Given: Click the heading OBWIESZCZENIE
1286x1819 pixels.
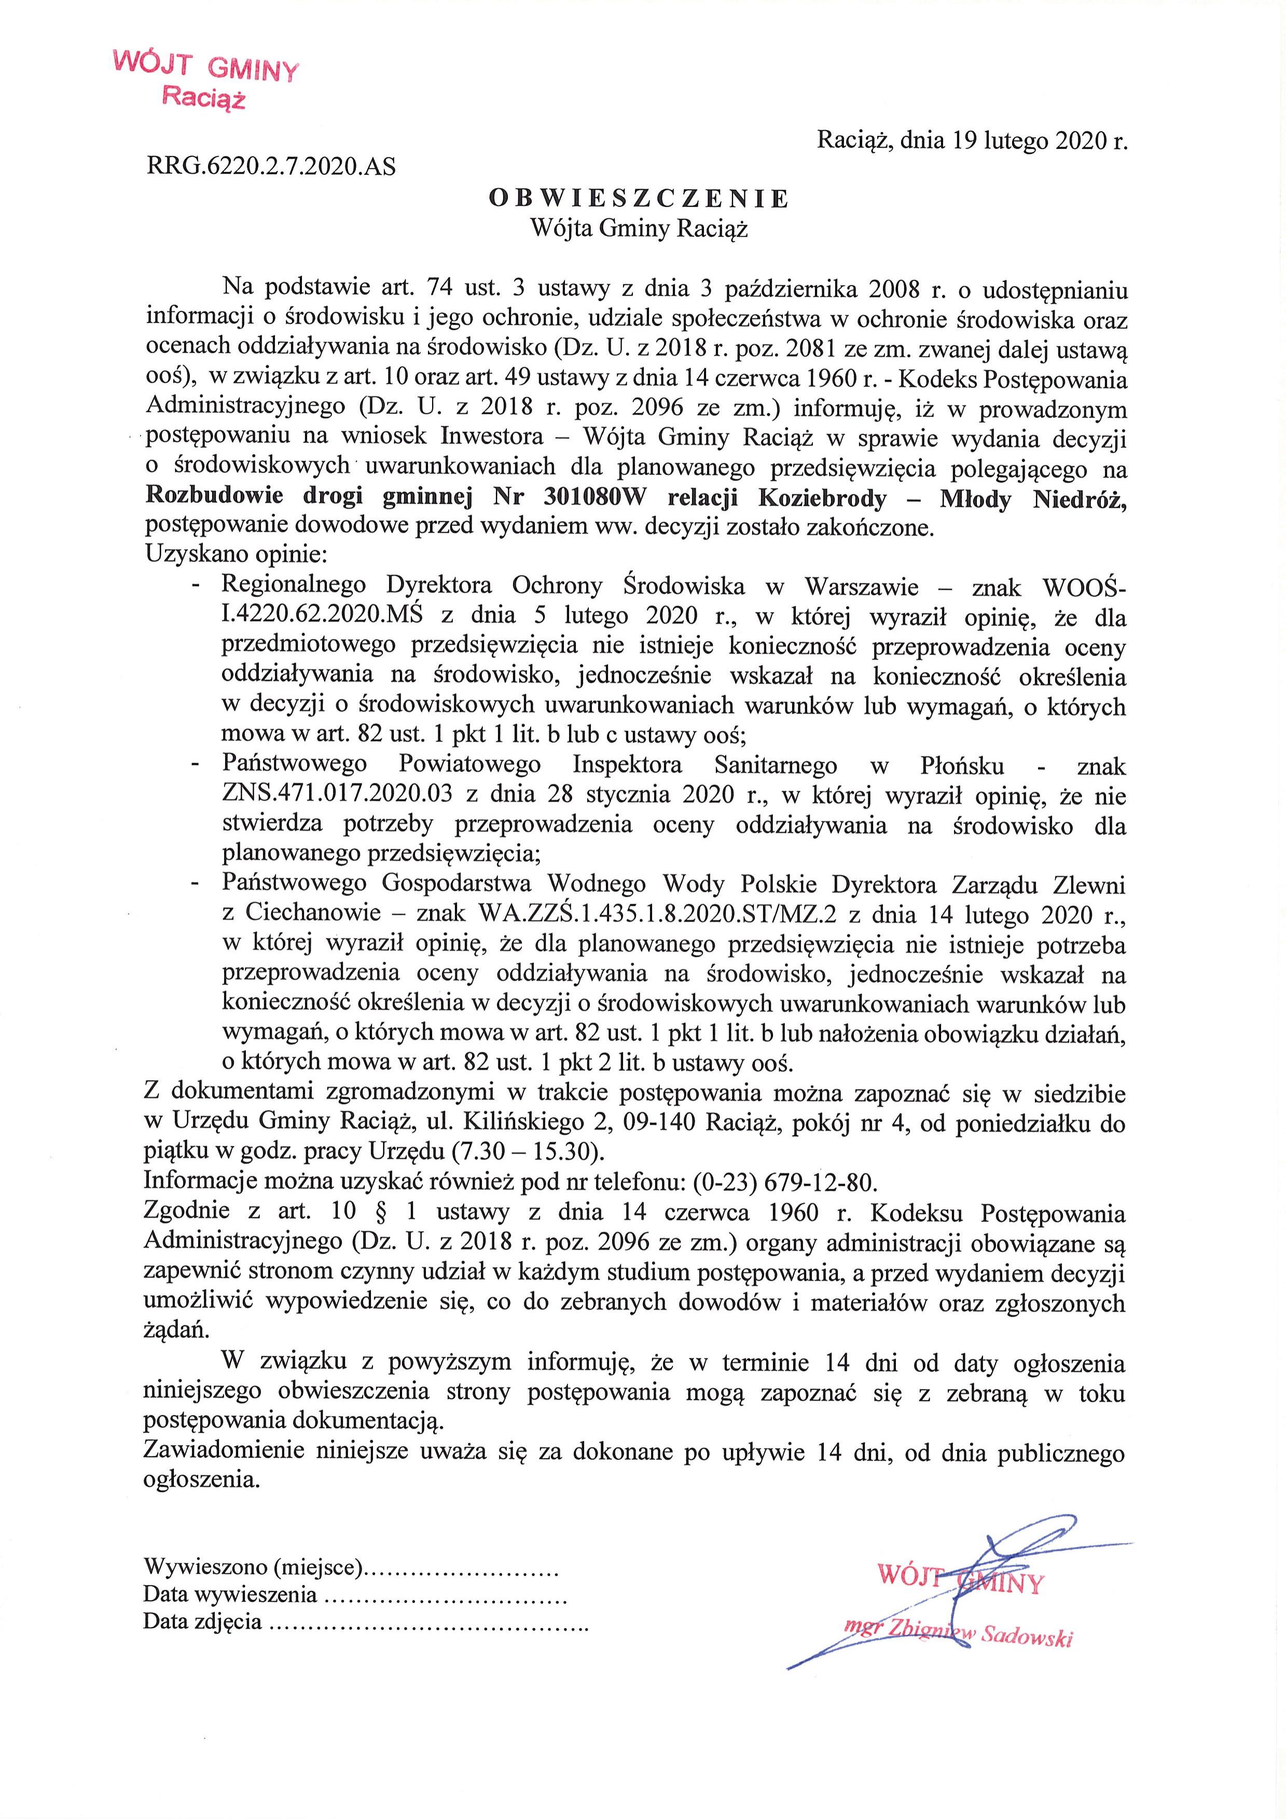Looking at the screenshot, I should point(639,198).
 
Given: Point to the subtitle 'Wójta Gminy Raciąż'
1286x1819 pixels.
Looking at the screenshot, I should point(639,229).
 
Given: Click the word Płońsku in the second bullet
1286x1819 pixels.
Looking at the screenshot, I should point(962,765).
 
